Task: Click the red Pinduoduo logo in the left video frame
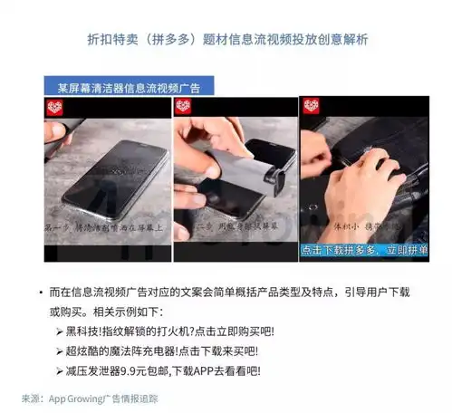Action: point(55,108)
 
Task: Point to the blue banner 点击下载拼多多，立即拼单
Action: point(361,247)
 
